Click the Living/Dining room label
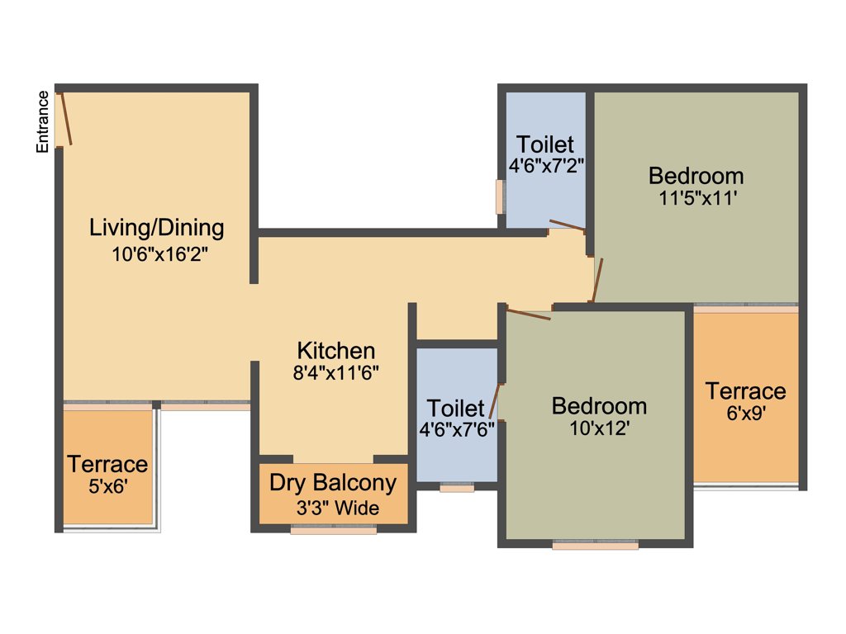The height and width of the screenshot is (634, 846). coord(157,227)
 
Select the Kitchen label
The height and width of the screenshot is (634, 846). coord(336,350)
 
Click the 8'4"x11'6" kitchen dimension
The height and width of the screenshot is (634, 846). coord(335,372)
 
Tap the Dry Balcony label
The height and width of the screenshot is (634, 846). coord(334,483)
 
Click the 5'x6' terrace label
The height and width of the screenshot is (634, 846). coord(107,487)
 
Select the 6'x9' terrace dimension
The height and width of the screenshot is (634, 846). coord(745,415)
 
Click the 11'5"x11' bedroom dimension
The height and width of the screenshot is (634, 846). coord(696,198)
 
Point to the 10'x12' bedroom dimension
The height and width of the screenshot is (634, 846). coord(599,429)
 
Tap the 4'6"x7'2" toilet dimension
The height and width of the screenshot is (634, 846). coord(546,165)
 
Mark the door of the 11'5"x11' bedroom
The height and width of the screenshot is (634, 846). coord(597,281)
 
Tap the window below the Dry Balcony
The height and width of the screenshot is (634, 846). coord(334,531)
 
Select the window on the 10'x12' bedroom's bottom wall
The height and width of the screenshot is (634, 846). coord(595,545)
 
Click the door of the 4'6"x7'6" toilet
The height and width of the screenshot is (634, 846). coord(494,402)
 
